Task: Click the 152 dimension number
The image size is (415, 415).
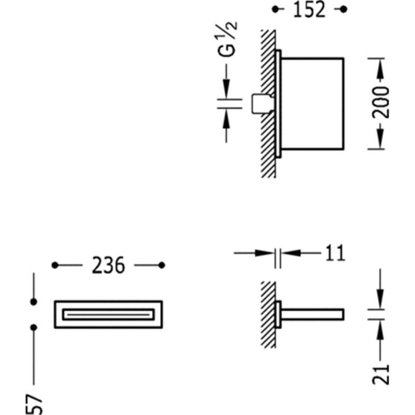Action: pos(309,10)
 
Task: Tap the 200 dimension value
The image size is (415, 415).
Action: pos(381,102)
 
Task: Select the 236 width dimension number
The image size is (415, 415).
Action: pos(108,265)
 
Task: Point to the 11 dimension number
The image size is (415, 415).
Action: pos(335,253)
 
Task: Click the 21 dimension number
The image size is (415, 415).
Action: pos(381,375)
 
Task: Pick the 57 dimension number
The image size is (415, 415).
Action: pos(34,405)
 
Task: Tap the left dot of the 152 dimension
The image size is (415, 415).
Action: pos(275,9)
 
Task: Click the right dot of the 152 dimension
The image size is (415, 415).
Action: pos(343,9)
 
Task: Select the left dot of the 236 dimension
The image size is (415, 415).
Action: pos(55,265)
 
